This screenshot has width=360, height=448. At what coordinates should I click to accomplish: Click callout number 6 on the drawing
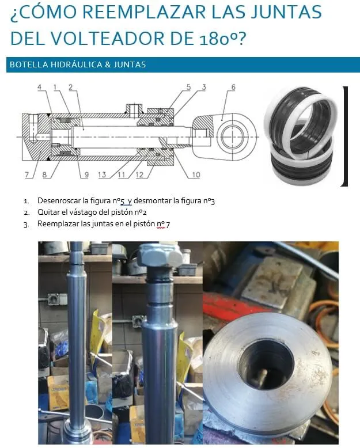233,87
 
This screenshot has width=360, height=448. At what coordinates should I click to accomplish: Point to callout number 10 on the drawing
196,174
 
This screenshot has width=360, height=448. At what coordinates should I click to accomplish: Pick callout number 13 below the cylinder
102,174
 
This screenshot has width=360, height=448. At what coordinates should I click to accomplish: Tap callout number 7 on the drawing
27,174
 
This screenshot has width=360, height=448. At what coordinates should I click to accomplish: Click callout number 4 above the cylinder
39,87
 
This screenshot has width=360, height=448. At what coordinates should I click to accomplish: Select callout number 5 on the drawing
188,87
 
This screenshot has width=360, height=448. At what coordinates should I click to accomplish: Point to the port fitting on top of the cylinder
134,109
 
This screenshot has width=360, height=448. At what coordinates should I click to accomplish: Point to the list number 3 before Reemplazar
26,225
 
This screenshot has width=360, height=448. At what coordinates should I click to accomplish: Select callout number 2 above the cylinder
71,87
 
